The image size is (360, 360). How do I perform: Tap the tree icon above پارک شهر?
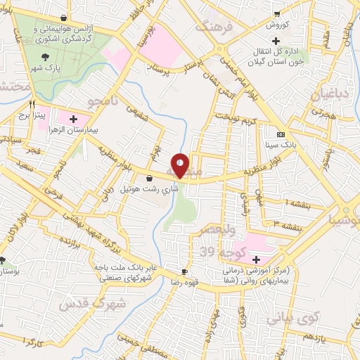click(46, 58)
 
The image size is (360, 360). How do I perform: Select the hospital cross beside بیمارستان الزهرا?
click(93, 120)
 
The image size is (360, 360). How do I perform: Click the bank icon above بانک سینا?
click(281, 134)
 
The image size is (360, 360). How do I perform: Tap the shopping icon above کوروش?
click(277, 14)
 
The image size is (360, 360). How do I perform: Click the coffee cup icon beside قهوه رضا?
click(184, 271)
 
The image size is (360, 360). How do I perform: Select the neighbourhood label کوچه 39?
click(217, 251)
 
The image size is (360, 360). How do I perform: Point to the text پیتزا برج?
click(32, 114)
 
